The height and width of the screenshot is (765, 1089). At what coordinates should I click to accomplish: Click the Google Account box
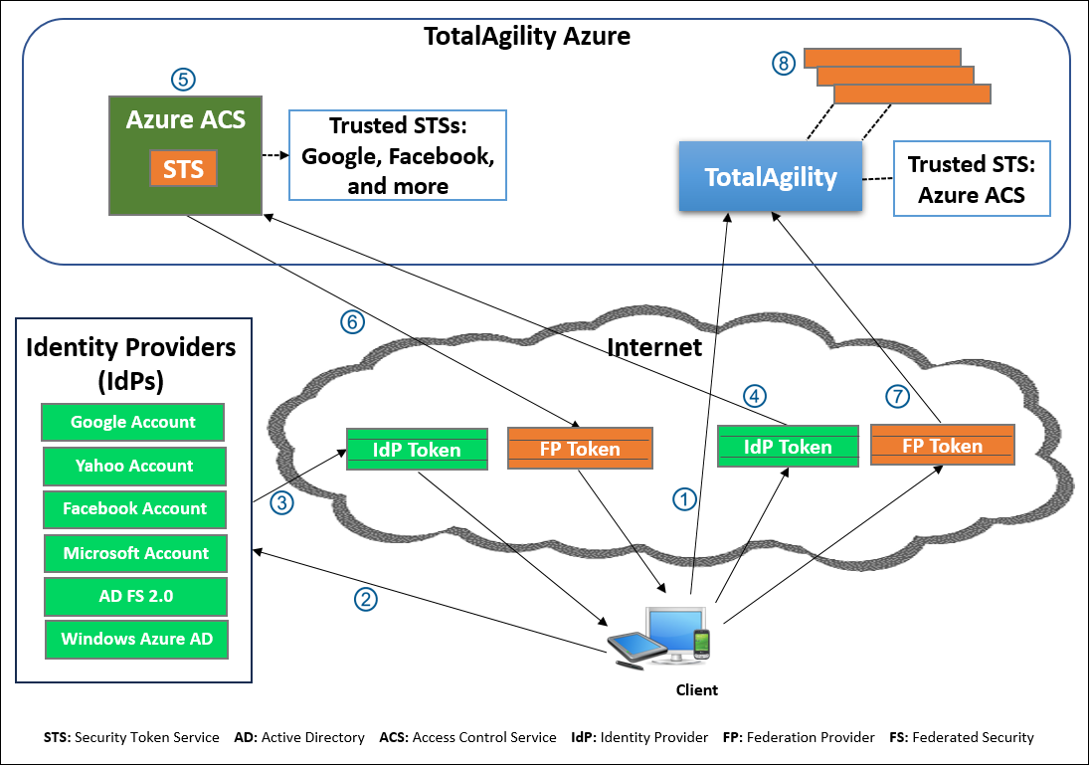click(x=132, y=422)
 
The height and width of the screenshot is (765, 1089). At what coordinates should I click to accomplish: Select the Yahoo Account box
click(x=134, y=466)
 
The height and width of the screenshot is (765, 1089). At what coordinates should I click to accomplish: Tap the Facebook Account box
click(x=134, y=508)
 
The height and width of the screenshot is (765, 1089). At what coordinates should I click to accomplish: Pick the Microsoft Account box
click(x=136, y=553)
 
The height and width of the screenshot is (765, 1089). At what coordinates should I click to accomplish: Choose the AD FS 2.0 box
click(x=136, y=596)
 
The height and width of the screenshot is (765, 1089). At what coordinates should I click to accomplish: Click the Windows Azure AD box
click(x=136, y=639)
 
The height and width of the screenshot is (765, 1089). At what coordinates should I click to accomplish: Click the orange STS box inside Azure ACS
click(x=183, y=168)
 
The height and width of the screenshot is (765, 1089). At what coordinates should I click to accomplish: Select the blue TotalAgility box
click(x=771, y=177)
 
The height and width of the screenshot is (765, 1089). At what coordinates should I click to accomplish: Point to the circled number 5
click(x=182, y=80)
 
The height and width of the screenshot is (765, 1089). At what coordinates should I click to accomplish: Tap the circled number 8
click(x=784, y=64)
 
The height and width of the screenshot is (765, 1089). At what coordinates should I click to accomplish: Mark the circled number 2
click(x=367, y=599)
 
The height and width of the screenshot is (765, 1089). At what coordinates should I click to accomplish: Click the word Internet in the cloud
click(x=654, y=347)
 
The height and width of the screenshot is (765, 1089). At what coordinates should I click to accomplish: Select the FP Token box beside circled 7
click(x=942, y=446)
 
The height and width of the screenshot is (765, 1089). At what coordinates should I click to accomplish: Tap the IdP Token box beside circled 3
click(x=417, y=450)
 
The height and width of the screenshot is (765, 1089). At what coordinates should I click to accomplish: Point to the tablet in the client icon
click(x=637, y=647)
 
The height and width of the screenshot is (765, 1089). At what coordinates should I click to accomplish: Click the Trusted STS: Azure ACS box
click(x=971, y=179)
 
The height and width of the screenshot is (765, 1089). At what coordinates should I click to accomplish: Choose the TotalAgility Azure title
click(x=526, y=38)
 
